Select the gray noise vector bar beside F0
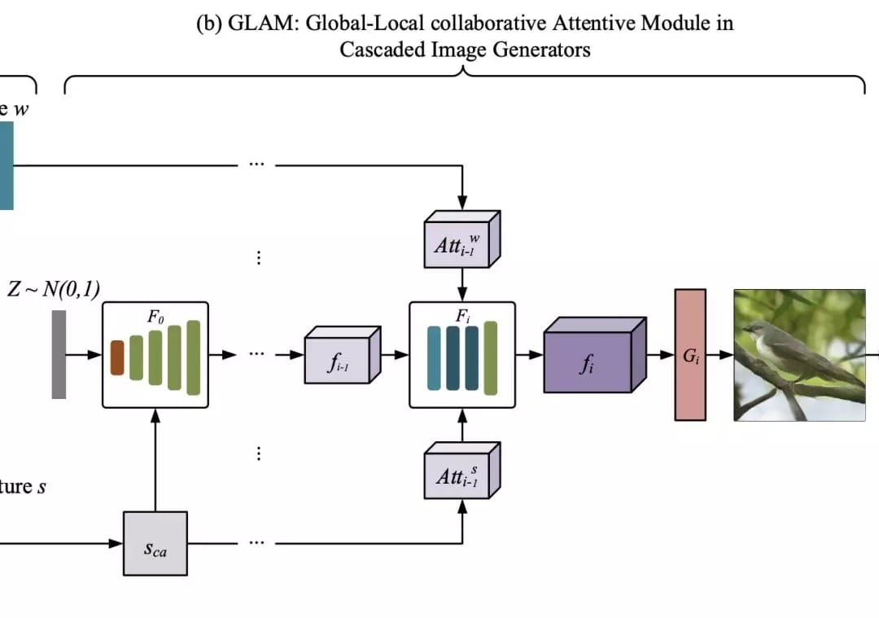tap(59, 354)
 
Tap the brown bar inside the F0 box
tap(117, 358)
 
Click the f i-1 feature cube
tap(338, 358)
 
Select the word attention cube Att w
tap(458, 243)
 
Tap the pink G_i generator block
tap(690, 355)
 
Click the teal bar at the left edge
tap(7, 166)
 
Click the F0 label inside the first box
tap(155, 317)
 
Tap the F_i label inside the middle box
tap(462, 317)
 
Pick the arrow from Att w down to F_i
tap(462, 285)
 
